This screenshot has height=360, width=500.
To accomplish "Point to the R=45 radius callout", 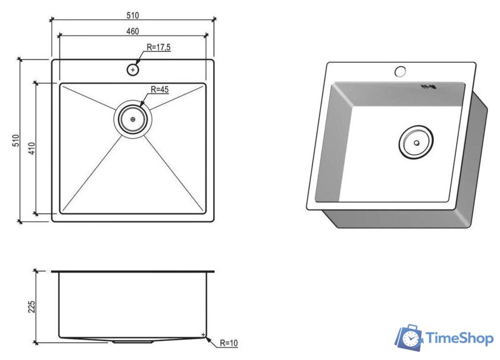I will pyautogui.click(x=160, y=90).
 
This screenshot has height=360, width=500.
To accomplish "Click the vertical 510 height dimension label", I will pyautogui.click(x=16, y=140).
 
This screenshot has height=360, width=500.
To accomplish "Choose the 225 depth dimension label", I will pyautogui.click(x=32, y=306).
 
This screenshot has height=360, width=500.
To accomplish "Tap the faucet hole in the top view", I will pyautogui.click(x=133, y=70).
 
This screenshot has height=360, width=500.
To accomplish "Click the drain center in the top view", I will pyautogui.click(x=132, y=118).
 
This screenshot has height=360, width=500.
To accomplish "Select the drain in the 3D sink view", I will pyautogui.click(x=416, y=143).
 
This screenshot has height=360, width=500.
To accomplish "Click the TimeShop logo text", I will pyautogui.click(x=460, y=339).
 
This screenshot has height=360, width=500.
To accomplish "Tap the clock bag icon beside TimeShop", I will pyautogui.click(x=409, y=337).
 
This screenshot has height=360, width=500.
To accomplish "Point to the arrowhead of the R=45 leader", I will pyautogui.click(x=142, y=106).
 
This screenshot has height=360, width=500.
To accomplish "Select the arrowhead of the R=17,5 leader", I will pyautogui.click(x=137, y=64).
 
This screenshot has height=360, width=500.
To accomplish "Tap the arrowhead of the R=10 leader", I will pyautogui.click(x=207, y=337).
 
